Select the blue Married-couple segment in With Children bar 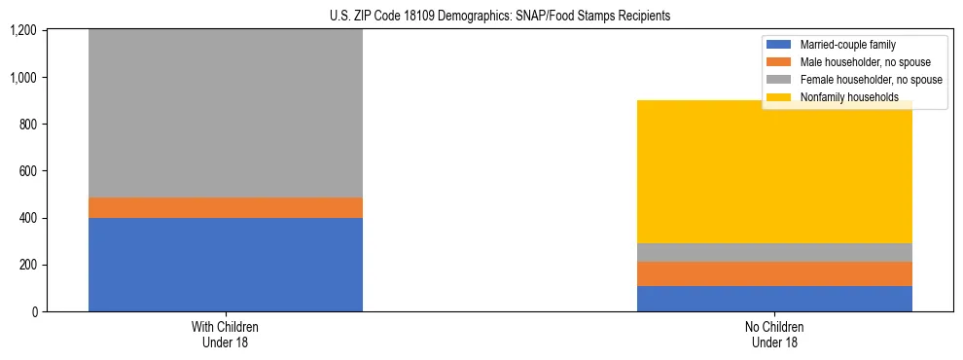pyautogui.click(x=226, y=265)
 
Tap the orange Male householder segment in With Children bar pyautogui.click(x=226, y=207)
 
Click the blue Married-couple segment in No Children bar pyautogui.click(x=774, y=299)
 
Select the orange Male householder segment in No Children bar pyautogui.click(x=774, y=273)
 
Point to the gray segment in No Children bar pyautogui.click(x=774, y=252)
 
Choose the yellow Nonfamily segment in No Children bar pyautogui.click(x=774, y=171)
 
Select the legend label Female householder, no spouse pyautogui.click(x=870, y=80)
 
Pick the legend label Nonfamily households pyautogui.click(x=843, y=97)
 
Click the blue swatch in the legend pyautogui.click(x=779, y=45)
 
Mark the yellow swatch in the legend pyautogui.click(x=779, y=97)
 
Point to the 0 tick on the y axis pyautogui.click(x=37, y=312)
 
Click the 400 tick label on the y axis pyautogui.click(x=29, y=218)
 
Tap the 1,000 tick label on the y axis pyautogui.click(x=24, y=78)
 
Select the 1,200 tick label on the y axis pyautogui.click(x=24, y=31)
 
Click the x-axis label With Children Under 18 pyautogui.click(x=226, y=335)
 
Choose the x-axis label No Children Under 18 pyautogui.click(x=774, y=335)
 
